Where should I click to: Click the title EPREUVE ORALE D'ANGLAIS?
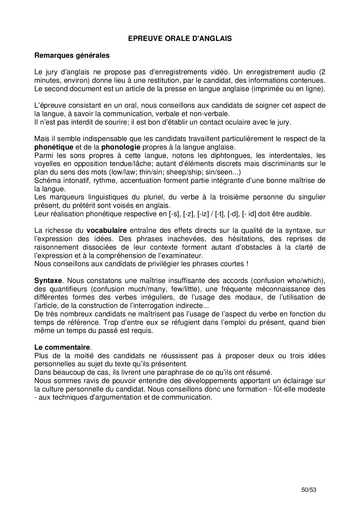pyautogui.click(x=180, y=39)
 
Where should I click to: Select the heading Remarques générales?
pyautogui.click(x=72, y=55)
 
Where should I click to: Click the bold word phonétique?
pyautogui.click(x=54, y=147)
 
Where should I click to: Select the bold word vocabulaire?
pyautogui.click(x=107, y=231)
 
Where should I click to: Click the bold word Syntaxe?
pyautogui.click(x=48, y=281)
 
